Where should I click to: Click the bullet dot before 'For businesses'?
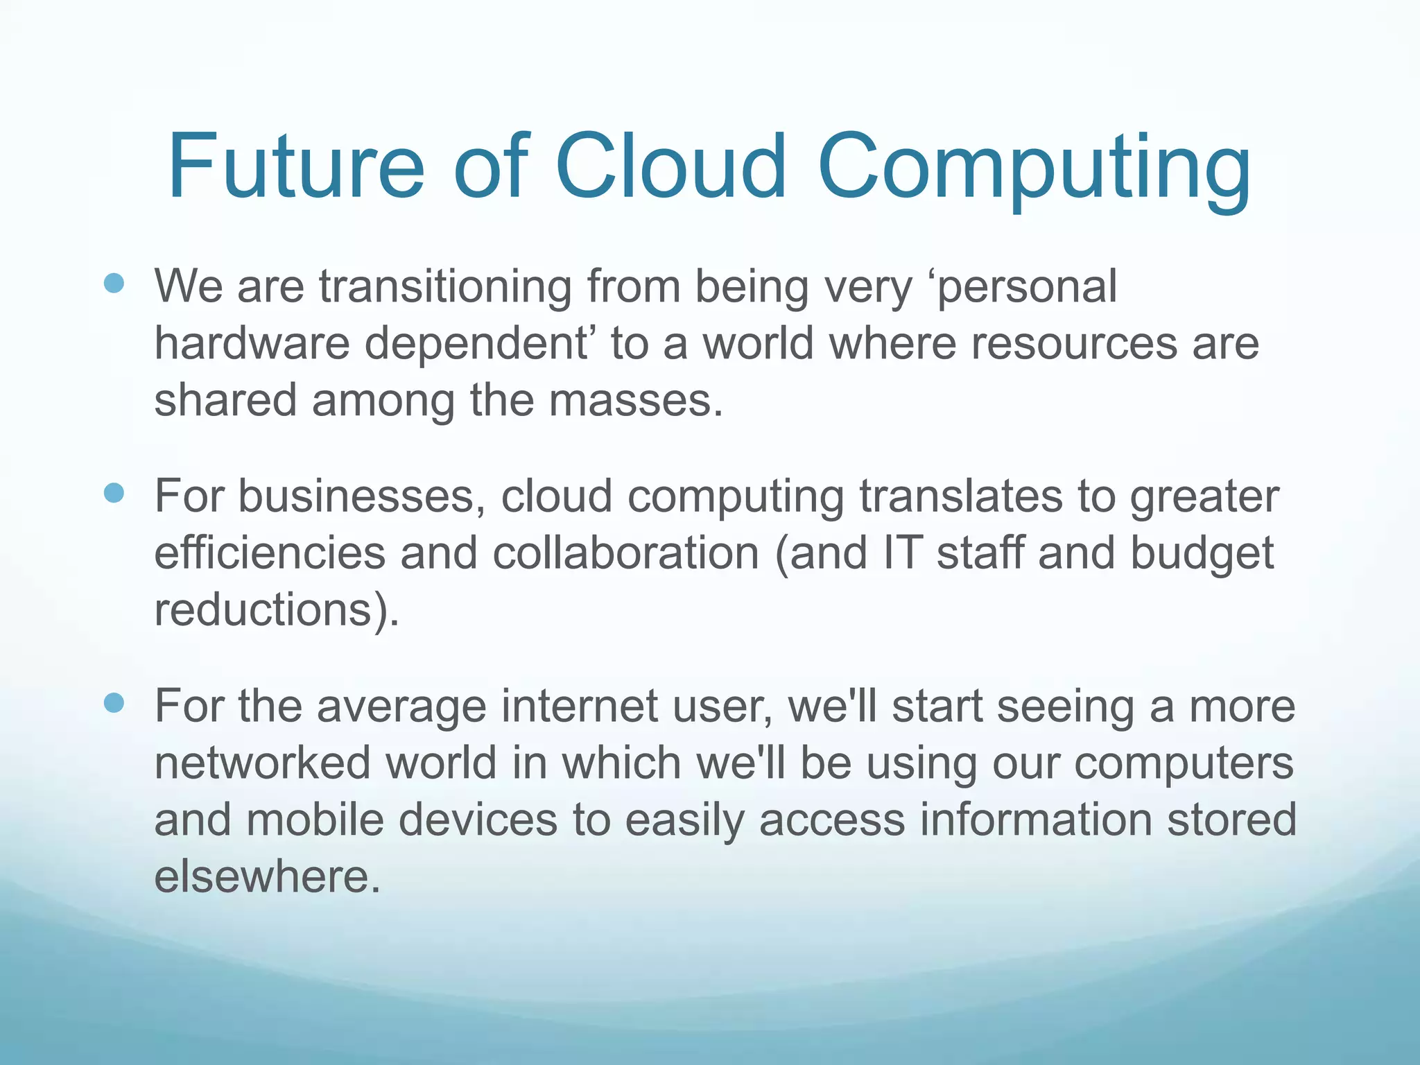coord(113,493)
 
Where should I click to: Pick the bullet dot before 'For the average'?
coord(113,703)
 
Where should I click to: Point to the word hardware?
coord(252,343)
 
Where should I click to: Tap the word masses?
coord(636,401)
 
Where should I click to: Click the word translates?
coord(961,496)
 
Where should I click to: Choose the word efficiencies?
coord(270,553)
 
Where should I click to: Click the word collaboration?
coord(626,553)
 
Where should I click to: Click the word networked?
coord(263,763)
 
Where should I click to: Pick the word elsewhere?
coord(267,877)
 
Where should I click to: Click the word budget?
coord(1202,555)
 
